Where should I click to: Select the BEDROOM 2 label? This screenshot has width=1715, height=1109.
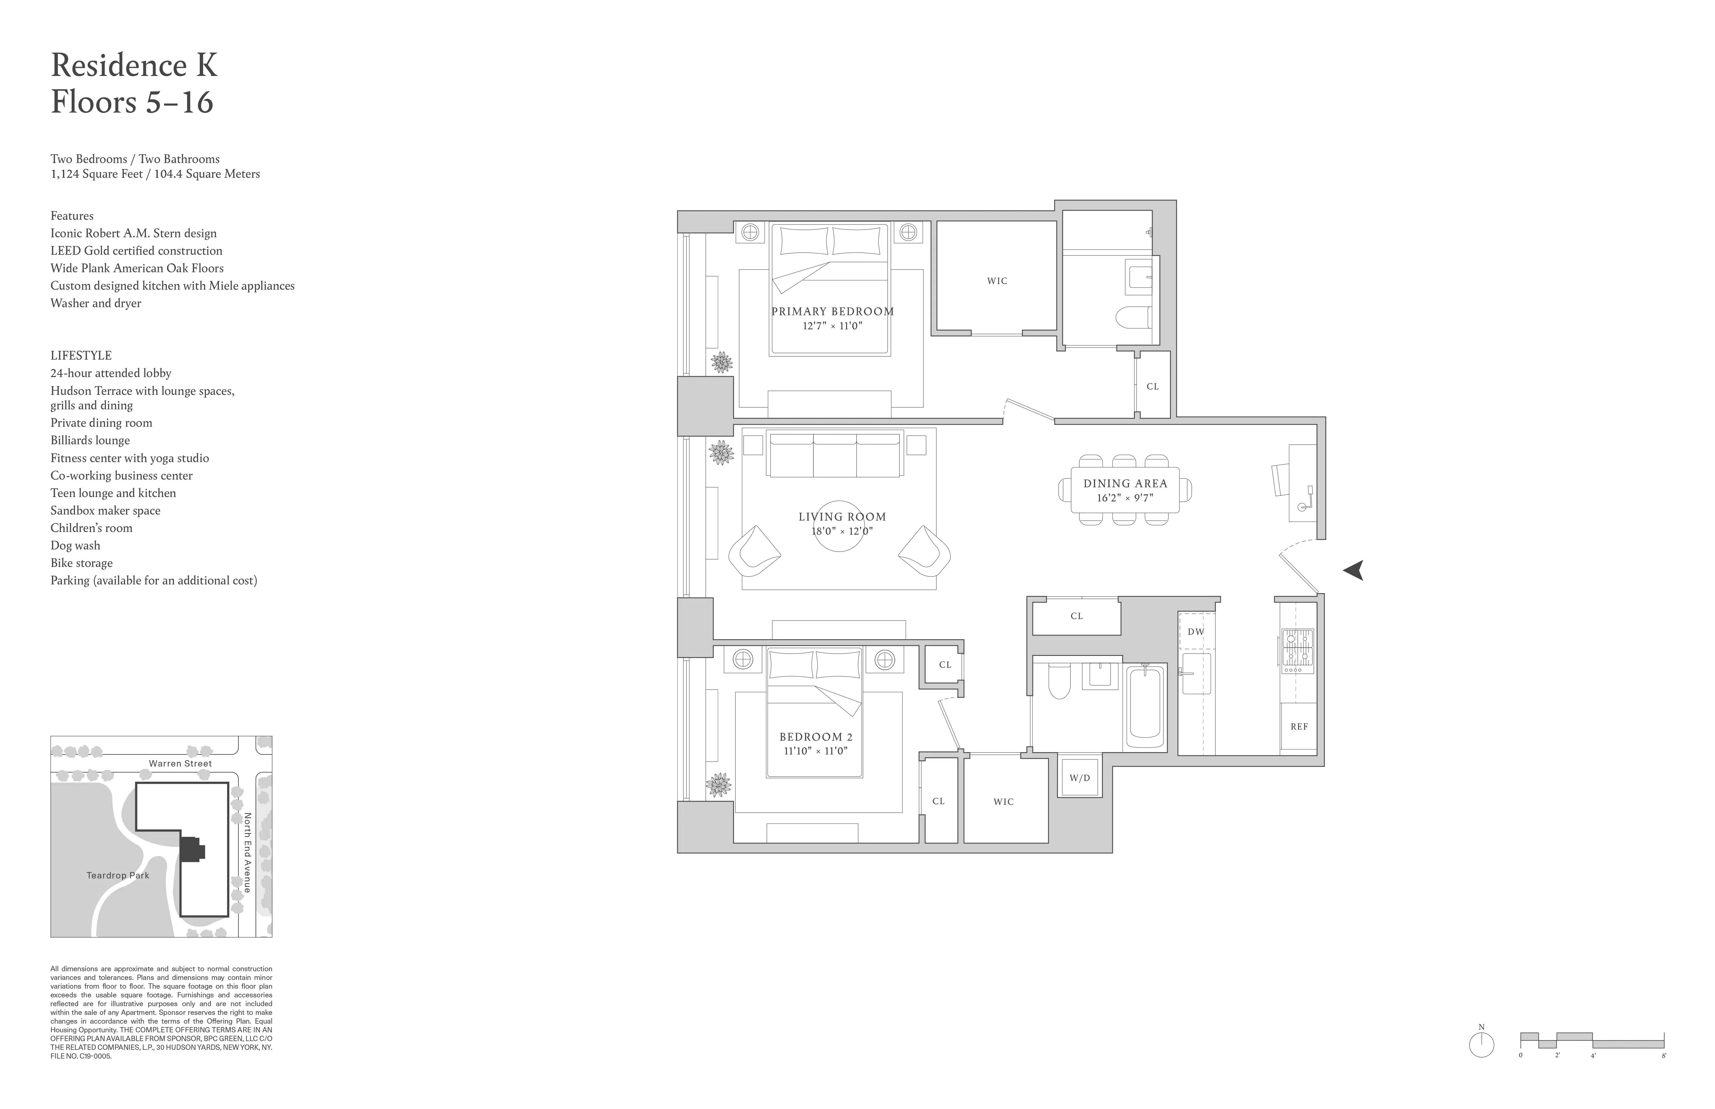pyautogui.click(x=816, y=737)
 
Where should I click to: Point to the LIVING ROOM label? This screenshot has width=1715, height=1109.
pyautogui.click(x=842, y=516)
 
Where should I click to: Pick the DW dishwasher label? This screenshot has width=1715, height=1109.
pyautogui.click(x=1195, y=631)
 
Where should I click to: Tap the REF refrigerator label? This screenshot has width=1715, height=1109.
pyautogui.click(x=1298, y=727)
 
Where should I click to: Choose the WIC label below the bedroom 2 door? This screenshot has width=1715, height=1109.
pyautogui.click(x=1003, y=802)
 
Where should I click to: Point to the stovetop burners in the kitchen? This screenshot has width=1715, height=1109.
pyautogui.click(x=1297, y=647)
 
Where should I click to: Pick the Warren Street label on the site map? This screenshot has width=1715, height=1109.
pyautogui.click(x=180, y=763)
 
